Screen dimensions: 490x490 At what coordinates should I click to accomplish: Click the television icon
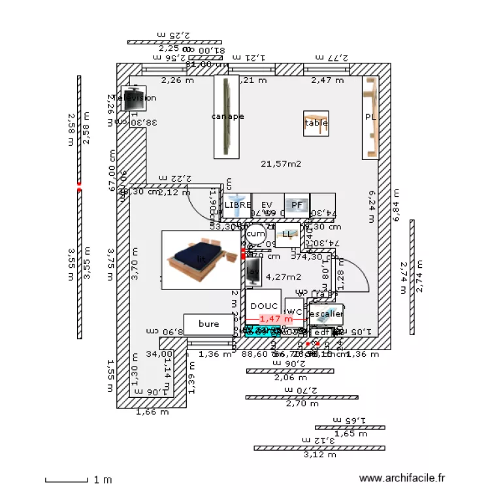[133, 98]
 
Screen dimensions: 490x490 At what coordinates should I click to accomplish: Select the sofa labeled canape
[227, 117]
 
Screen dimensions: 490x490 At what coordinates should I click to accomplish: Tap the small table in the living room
[316, 123]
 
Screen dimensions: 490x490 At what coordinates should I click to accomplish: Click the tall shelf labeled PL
[370, 118]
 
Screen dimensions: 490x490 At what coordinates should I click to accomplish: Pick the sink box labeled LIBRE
[237, 204]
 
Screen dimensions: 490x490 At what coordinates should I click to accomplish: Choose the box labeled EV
[267, 204]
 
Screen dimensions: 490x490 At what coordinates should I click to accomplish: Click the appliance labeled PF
[297, 204]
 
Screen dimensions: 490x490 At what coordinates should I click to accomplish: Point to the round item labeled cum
[255, 233]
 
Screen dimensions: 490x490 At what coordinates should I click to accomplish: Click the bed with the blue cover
[201, 259]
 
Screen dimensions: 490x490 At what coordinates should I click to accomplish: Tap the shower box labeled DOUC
[263, 306]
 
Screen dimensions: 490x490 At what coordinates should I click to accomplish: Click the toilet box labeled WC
[294, 312]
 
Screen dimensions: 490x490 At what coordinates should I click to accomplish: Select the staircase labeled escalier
[326, 314]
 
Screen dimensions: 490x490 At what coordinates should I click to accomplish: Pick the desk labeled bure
[208, 323]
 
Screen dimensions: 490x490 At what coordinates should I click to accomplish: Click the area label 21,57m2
[281, 164]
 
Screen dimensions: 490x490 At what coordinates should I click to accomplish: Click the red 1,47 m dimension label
[275, 319]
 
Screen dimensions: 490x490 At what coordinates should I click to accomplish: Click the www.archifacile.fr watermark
[402, 479]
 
